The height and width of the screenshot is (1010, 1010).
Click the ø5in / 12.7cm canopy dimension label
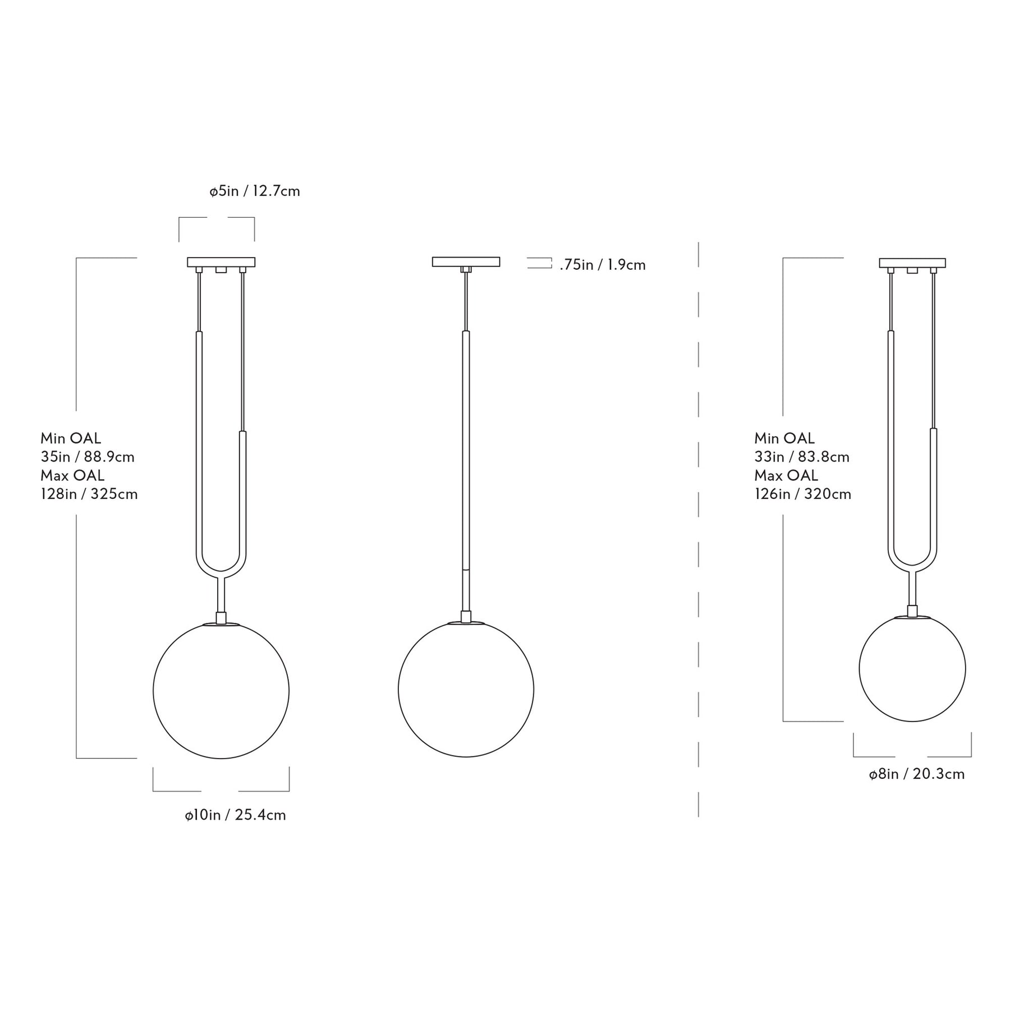[x=255, y=191]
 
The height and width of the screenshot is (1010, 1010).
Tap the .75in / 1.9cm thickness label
[x=603, y=265]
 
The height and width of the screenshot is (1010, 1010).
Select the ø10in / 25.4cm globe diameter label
[x=236, y=815]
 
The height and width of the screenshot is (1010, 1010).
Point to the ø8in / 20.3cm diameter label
[x=917, y=774]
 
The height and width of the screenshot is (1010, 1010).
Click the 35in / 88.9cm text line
[x=88, y=457]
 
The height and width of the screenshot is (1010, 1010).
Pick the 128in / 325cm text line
[x=89, y=494]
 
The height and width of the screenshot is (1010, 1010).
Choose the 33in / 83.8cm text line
[x=802, y=457]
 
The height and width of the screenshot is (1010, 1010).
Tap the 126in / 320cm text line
[x=803, y=494]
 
